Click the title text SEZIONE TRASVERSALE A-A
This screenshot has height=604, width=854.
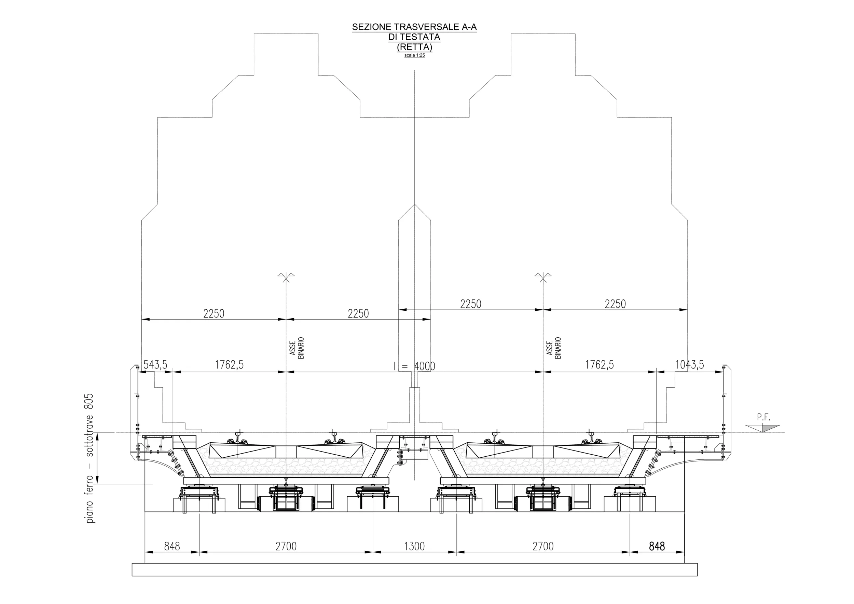tap(414, 27)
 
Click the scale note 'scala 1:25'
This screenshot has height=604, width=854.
tap(414, 55)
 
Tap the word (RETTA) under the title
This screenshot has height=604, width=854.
tap(414, 47)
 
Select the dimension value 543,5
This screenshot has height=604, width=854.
tap(155, 365)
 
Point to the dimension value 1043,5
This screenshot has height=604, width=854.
tap(690, 365)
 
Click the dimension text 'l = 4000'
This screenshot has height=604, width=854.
tap(414, 366)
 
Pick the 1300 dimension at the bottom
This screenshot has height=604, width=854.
tap(414, 546)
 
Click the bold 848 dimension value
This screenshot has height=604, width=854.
tap(657, 546)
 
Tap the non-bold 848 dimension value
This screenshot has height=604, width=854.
tap(172, 546)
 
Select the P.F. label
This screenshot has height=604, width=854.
tap(763, 418)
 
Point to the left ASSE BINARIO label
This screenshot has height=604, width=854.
tap(297, 348)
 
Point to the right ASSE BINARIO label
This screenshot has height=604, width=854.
tap(553, 348)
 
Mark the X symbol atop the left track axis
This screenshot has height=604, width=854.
tap(286, 277)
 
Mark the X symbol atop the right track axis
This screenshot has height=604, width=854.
tap(543, 277)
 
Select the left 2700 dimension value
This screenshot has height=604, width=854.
tap(286, 546)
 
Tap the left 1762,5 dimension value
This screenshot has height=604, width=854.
tap(229, 365)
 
